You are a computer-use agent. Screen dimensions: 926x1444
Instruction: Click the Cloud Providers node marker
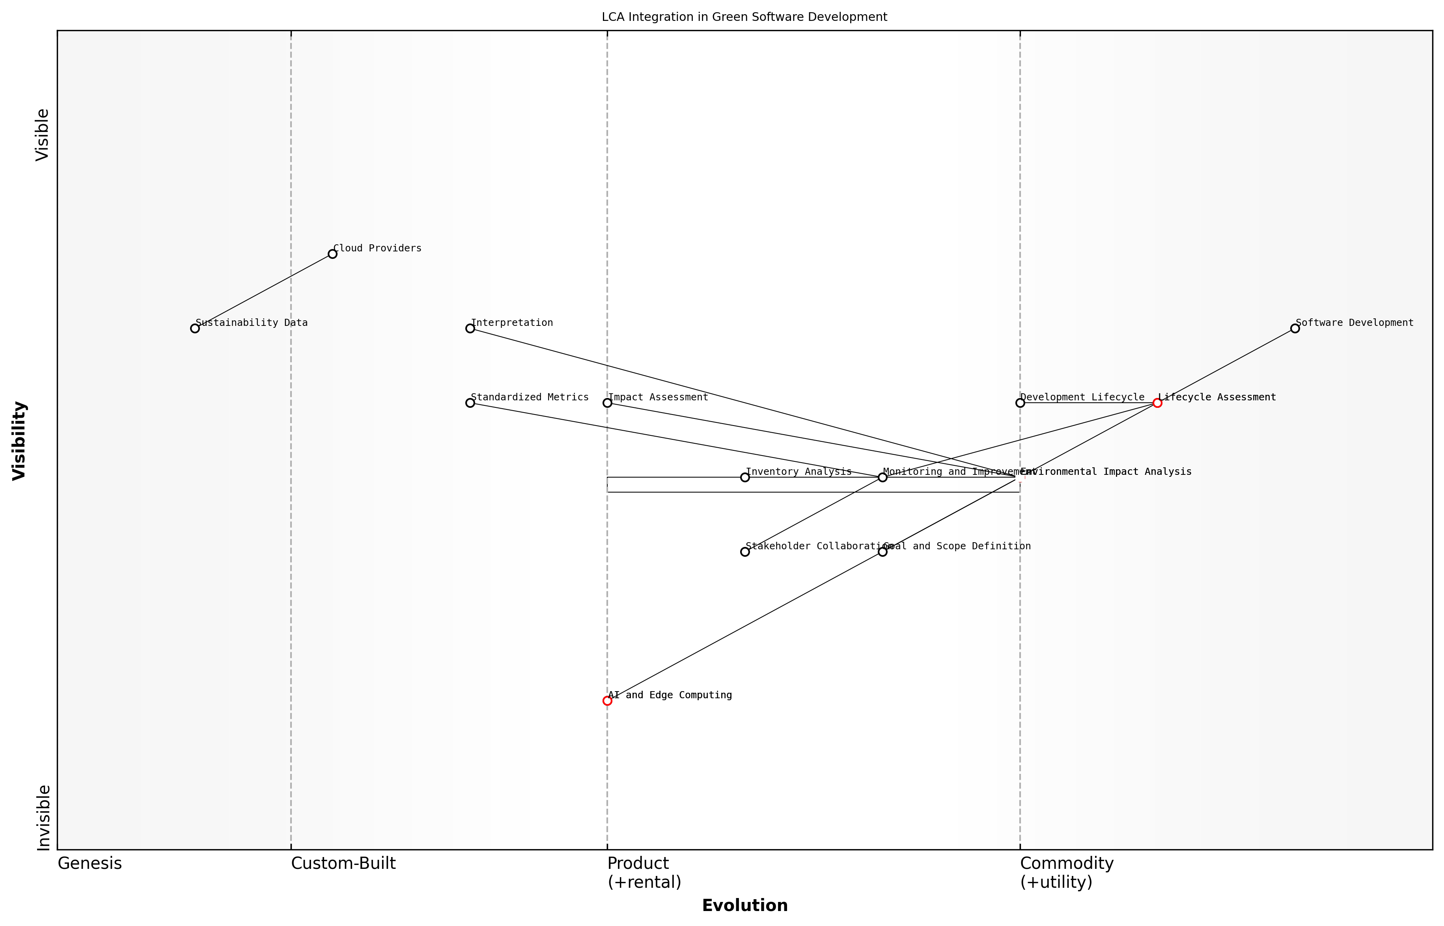(332, 254)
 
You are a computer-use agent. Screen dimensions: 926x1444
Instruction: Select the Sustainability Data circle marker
(195, 328)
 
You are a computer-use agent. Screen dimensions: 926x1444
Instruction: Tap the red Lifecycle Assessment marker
(1157, 403)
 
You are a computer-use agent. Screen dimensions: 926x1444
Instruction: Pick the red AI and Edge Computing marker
(607, 701)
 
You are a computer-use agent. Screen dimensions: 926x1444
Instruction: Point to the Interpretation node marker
(470, 328)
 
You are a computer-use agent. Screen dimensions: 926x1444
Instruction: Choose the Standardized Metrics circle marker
(470, 403)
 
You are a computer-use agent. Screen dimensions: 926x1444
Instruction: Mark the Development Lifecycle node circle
(1020, 403)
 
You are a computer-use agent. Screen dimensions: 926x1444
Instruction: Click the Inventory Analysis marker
(745, 478)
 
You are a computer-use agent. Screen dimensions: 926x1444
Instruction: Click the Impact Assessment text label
(658, 398)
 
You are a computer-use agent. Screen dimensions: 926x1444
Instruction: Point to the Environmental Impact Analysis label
(1106, 472)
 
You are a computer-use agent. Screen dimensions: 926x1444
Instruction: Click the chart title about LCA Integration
(744, 17)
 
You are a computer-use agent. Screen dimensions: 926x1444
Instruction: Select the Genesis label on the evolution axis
(90, 863)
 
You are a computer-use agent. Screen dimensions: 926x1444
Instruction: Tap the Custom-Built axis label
(343, 863)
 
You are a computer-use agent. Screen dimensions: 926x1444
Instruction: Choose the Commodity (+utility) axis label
(1067, 872)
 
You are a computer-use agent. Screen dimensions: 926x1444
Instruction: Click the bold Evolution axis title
(744, 906)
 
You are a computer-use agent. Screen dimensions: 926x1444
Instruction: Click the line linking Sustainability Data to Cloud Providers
(263, 291)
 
